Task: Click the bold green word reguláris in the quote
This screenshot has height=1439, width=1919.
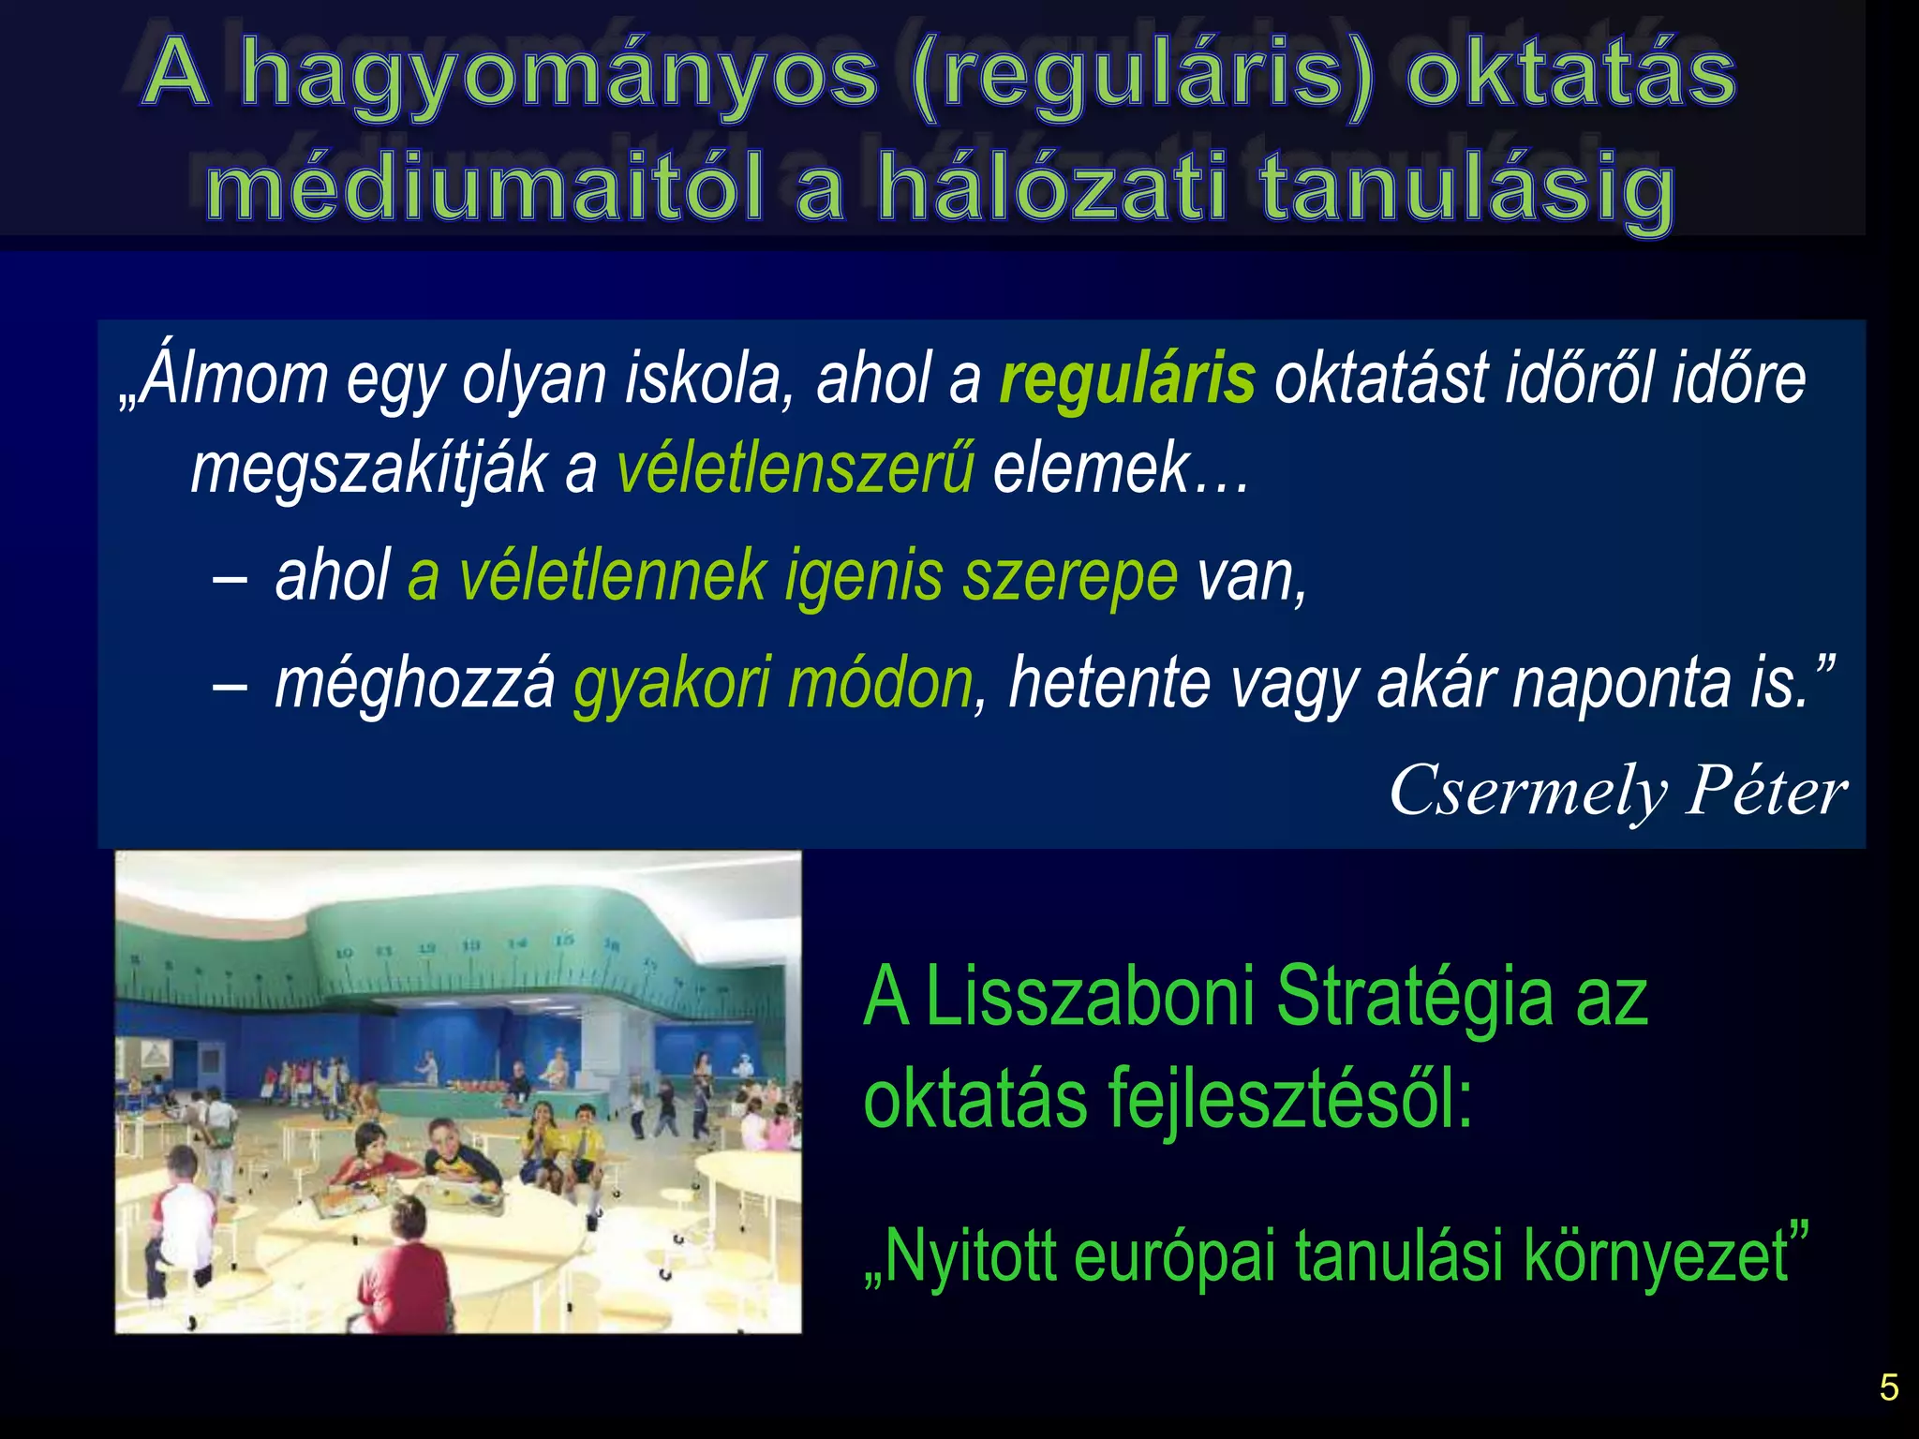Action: (x=1127, y=380)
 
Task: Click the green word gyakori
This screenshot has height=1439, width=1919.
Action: (x=672, y=684)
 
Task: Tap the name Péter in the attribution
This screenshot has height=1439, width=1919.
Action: (x=1766, y=791)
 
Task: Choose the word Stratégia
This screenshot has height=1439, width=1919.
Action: (x=1414, y=997)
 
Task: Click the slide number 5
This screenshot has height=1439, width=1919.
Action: (x=1889, y=1387)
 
